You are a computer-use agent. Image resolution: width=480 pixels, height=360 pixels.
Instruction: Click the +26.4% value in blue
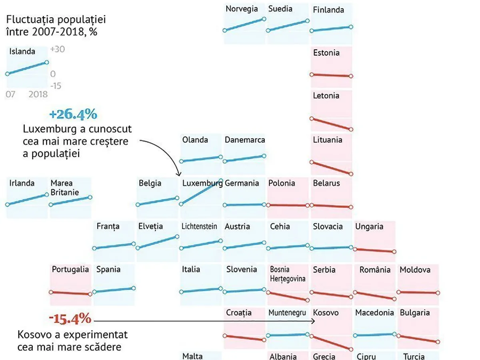[x=73, y=115]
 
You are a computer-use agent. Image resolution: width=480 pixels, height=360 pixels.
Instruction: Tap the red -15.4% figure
[x=70, y=319]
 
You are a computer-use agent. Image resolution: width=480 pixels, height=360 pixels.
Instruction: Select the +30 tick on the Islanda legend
[x=58, y=50]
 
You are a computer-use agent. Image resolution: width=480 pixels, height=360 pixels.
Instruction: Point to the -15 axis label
[x=56, y=86]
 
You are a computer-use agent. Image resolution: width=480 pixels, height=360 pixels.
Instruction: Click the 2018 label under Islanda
[x=38, y=94]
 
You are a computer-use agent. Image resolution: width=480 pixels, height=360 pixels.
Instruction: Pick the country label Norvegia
[x=242, y=9]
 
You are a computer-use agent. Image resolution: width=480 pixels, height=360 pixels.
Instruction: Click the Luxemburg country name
[x=202, y=183]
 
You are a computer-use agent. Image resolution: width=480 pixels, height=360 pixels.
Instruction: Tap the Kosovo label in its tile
[x=326, y=313]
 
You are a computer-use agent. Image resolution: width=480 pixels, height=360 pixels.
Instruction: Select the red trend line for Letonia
[x=331, y=124]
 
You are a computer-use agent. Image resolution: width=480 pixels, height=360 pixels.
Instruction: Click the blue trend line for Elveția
[x=157, y=242]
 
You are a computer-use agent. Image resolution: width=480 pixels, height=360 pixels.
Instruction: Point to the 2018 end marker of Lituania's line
[x=351, y=174]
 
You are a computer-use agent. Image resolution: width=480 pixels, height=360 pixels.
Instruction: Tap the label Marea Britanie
[x=64, y=188]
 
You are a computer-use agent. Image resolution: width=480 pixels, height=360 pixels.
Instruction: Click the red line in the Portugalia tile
[x=70, y=293]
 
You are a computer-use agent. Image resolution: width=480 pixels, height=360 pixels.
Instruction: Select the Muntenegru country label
[x=287, y=313]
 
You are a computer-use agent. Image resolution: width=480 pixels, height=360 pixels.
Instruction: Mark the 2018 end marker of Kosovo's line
[x=351, y=350]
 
